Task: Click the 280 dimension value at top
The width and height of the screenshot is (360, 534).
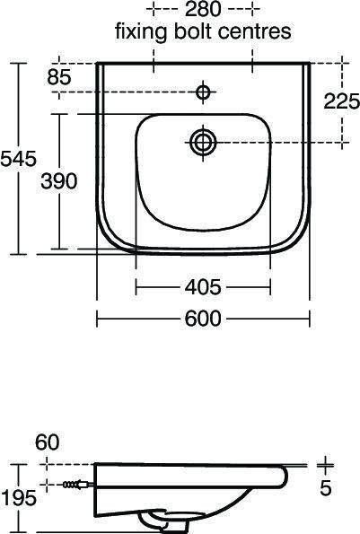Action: click(204, 11)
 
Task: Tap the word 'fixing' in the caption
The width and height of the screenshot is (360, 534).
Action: click(136, 32)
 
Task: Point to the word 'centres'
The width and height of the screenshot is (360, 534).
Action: click(259, 32)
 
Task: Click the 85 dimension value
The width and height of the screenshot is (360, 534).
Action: click(58, 78)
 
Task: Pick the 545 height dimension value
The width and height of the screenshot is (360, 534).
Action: click(19, 159)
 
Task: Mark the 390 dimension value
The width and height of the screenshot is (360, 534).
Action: click(58, 180)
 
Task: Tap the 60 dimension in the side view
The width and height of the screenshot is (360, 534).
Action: click(48, 442)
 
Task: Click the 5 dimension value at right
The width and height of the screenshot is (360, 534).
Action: click(325, 489)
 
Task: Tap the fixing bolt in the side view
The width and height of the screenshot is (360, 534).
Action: click(73, 485)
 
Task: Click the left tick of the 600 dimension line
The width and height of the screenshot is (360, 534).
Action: click(97, 318)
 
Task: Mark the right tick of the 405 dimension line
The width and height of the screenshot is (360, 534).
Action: click(270, 287)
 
